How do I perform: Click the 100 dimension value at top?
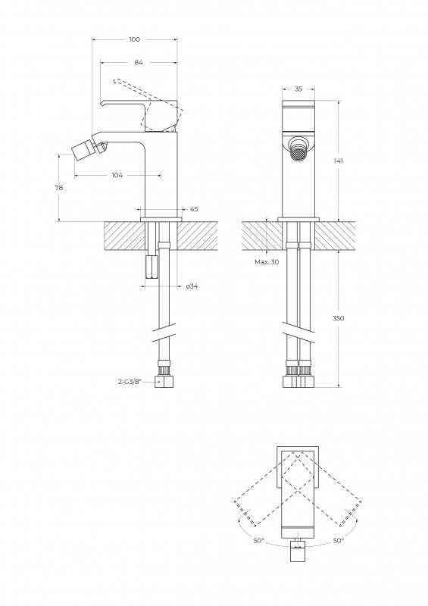coord(135,39)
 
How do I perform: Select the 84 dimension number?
coord(139,62)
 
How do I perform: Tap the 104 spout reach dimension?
coord(117,175)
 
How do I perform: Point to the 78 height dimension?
coord(59,188)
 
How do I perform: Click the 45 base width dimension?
coord(194,209)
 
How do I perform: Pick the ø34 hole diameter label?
coord(192,286)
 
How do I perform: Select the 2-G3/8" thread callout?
coord(130,382)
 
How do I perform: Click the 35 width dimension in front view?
coord(298,89)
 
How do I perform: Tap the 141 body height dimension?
coord(339,161)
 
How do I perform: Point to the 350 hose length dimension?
coord(339,318)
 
